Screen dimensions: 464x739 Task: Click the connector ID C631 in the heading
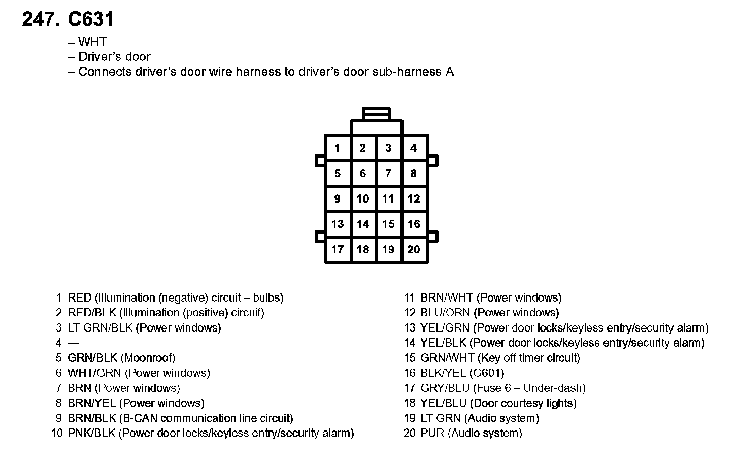[90, 19]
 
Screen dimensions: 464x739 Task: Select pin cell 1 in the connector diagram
[338, 148]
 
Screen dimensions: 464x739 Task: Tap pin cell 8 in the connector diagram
[414, 174]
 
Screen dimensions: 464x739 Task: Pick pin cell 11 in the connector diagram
[388, 199]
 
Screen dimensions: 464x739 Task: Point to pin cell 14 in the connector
[363, 224]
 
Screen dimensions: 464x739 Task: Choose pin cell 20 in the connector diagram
[414, 250]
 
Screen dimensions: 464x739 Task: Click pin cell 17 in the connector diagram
[338, 250]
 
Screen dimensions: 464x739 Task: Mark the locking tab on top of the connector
[377, 113]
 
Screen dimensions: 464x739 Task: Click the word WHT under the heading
[93, 42]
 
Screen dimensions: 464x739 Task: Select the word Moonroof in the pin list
[150, 358]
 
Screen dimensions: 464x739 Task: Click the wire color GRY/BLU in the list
[445, 388]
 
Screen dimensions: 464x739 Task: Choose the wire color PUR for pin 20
[432, 434]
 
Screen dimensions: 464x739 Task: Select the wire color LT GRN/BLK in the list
[100, 328]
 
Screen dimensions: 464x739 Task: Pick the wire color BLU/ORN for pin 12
[445, 313]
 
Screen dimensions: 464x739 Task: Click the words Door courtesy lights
[523, 404]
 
